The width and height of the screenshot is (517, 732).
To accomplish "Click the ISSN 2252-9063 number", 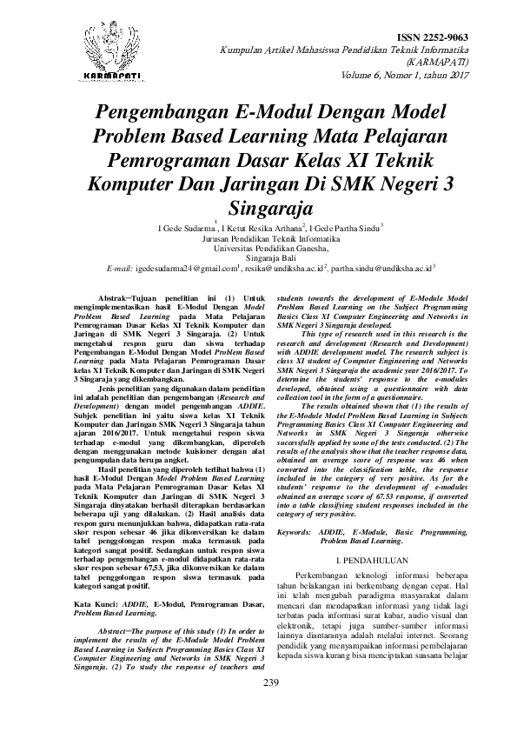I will point(432,37).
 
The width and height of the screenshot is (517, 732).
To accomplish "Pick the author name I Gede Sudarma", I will point(184,228).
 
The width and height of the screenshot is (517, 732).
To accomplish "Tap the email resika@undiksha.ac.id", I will point(279,270).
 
